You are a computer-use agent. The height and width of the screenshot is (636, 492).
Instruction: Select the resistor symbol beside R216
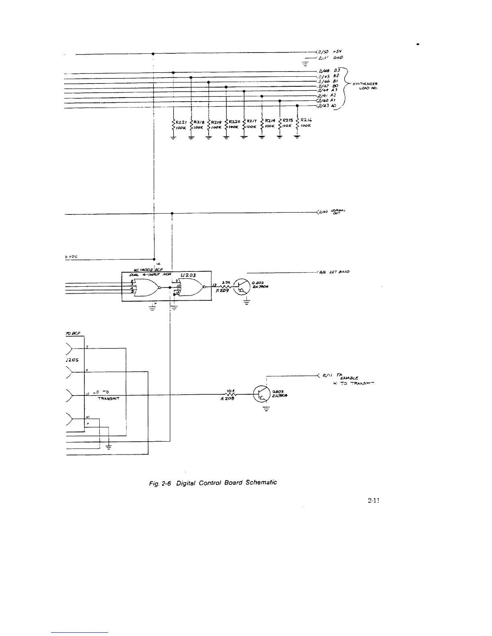(x=297, y=124)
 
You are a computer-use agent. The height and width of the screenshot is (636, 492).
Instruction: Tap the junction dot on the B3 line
(x=173, y=73)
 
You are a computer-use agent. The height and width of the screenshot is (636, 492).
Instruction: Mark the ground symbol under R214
(x=262, y=138)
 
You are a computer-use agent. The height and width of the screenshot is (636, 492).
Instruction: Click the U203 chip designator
(x=188, y=275)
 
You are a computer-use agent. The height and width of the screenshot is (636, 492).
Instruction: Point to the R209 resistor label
(x=222, y=291)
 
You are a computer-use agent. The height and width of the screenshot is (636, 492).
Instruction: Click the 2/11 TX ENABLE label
(x=342, y=377)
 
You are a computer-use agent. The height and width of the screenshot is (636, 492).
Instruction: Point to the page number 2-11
(x=373, y=500)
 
